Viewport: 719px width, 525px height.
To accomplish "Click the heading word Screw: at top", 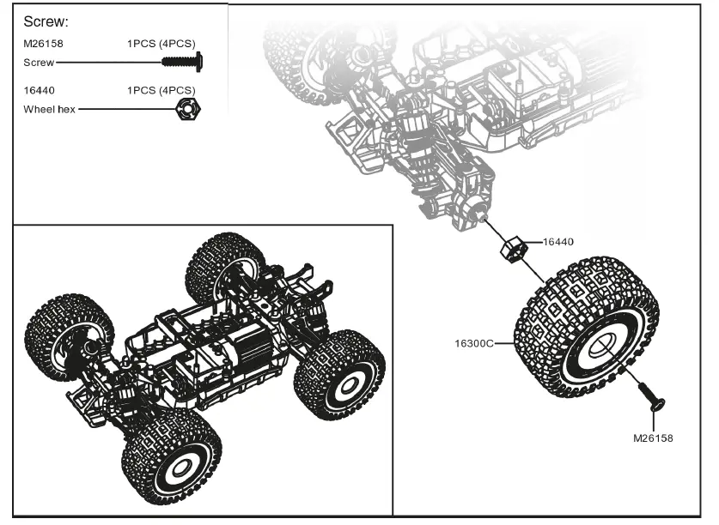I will pyautogui.click(x=46, y=21).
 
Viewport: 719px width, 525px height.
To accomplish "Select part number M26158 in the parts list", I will pyautogui.click(x=44, y=43).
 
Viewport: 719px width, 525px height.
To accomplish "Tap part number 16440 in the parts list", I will pyautogui.click(x=38, y=90).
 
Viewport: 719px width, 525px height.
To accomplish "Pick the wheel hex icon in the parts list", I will pyautogui.click(x=183, y=109).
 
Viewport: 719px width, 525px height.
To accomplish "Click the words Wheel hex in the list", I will pyautogui.click(x=49, y=109).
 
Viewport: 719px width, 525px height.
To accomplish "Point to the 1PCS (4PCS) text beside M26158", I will pyautogui.click(x=161, y=43).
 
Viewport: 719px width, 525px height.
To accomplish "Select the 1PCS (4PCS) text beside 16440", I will pyautogui.click(x=161, y=90).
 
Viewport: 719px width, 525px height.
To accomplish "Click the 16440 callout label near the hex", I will pyautogui.click(x=558, y=242).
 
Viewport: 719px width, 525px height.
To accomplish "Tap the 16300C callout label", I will pyautogui.click(x=474, y=343).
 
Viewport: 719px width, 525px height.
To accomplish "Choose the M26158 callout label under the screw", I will pyautogui.click(x=653, y=437).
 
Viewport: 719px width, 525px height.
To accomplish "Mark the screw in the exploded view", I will pyautogui.click(x=653, y=398).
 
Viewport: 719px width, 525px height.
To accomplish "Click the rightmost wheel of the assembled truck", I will pyautogui.click(x=339, y=375).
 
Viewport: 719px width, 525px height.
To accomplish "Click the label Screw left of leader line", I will pyautogui.click(x=38, y=62).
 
